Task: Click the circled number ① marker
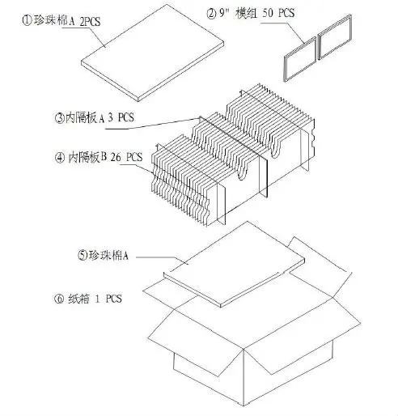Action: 27,20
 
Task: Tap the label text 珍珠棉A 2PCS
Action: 67,21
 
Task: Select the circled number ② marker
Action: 211,14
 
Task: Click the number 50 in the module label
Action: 267,13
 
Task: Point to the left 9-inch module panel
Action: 300,59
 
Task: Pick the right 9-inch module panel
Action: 335,36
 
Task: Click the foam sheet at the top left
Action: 153,53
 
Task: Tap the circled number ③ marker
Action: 60,118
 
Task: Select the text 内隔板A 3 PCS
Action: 99,118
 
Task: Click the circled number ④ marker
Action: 60,158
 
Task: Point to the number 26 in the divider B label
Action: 116,157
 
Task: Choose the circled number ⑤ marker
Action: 83,255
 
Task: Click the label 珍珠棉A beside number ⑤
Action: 108,255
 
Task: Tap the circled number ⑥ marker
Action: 59,299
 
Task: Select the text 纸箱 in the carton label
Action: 78,299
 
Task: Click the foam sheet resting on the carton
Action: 234,265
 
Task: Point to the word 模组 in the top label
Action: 247,13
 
